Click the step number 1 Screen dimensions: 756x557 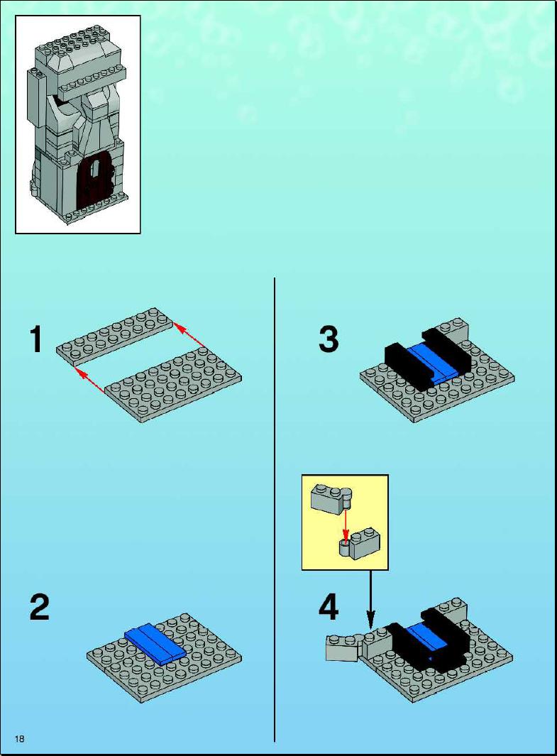(37, 339)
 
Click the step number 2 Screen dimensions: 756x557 (40, 608)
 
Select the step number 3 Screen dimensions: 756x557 (328, 339)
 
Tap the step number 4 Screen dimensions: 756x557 (328, 608)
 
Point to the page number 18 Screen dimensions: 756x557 (19, 739)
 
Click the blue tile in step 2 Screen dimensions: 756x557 (154, 642)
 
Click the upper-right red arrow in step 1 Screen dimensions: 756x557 (189, 336)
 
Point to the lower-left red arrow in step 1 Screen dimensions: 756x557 (90, 384)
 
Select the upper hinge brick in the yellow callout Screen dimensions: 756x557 (330, 497)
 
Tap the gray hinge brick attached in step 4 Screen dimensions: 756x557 (343, 647)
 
